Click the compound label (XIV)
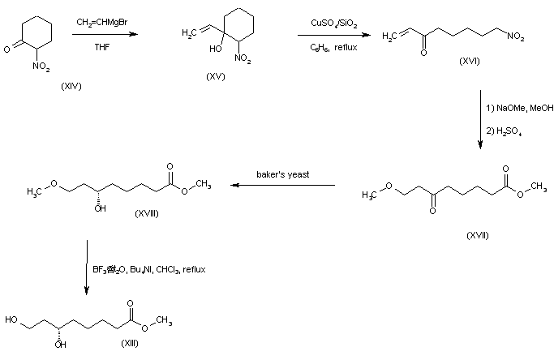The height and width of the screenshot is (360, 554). point(71,86)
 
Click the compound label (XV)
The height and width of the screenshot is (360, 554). point(216,76)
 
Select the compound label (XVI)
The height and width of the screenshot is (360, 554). point(470,61)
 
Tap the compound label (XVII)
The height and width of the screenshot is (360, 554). point(478,235)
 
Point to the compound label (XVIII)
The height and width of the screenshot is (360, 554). point(147,213)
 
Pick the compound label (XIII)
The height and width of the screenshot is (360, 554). point(130,343)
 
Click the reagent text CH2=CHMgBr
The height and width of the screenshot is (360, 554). point(102,22)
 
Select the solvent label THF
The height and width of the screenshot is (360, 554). point(102,47)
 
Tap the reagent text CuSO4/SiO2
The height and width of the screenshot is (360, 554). point(334,24)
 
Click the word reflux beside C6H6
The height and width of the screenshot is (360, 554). point(346,47)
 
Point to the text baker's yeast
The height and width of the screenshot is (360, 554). point(282,174)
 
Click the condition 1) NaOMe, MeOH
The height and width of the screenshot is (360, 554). point(520,108)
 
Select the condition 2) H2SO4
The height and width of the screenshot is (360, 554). point(505,131)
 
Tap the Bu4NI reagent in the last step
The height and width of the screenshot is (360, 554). point(141,269)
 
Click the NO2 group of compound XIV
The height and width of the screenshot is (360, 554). point(41,66)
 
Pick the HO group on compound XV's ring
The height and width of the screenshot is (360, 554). point(216,49)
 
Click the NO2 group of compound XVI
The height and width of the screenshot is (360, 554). point(516,36)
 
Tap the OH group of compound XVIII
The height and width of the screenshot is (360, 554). point(101,208)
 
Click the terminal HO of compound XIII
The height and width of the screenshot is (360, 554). point(11,319)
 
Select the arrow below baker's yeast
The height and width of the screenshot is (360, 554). point(282,185)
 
